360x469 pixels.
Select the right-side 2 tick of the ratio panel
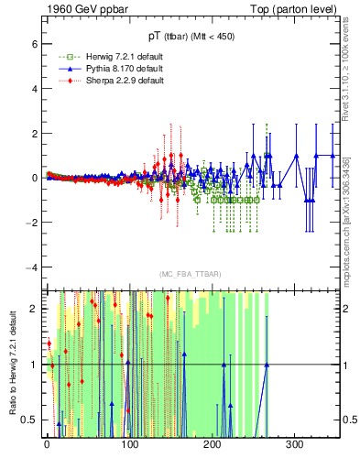tap(344, 309)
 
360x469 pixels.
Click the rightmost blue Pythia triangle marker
tap(332, 156)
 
